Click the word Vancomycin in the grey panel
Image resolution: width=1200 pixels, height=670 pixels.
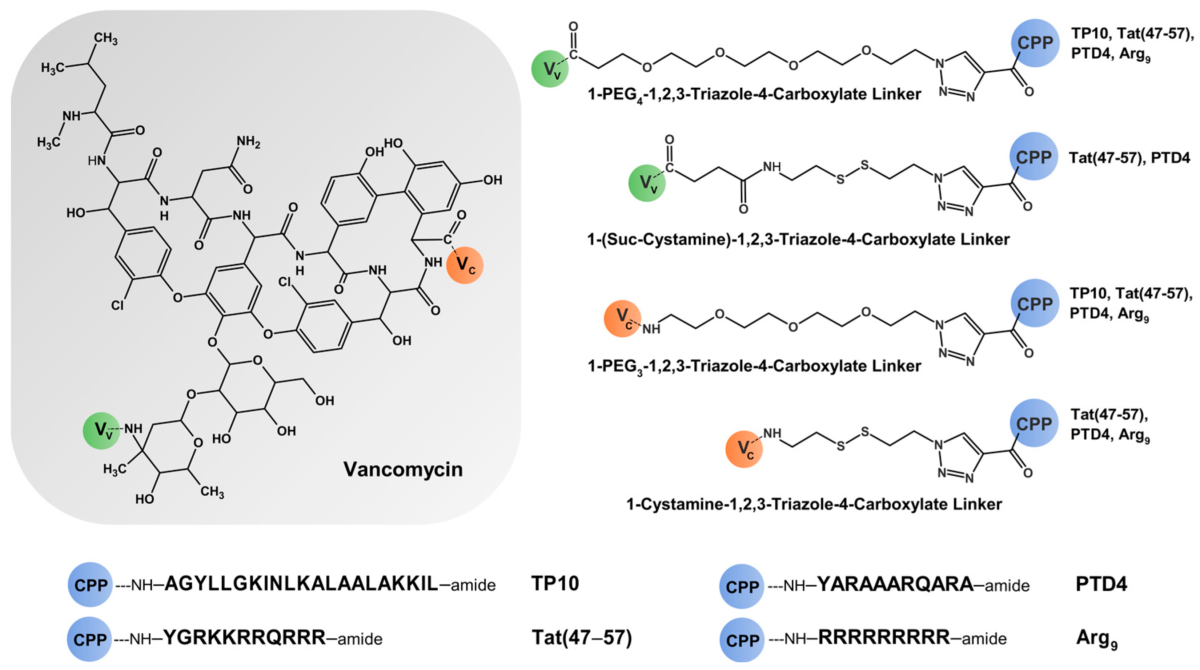point(403,469)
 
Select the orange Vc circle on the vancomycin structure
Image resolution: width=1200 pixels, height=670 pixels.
point(465,265)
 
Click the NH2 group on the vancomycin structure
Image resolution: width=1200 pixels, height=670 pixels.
point(248,142)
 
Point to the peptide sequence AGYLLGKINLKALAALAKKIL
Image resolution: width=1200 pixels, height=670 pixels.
point(301,584)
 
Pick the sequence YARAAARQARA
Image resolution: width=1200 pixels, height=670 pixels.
point(895,584)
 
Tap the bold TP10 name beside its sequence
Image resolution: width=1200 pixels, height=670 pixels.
point(555,584)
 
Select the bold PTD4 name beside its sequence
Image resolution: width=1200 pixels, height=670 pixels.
point(1101,584)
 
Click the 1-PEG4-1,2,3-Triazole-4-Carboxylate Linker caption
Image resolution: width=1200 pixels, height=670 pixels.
point(754,95)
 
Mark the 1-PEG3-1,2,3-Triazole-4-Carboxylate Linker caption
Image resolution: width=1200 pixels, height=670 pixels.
point(754,366)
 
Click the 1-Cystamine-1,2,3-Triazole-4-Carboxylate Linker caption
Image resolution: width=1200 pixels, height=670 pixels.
point(814,504)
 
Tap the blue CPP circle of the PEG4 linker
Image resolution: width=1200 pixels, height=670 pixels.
point(1035,43)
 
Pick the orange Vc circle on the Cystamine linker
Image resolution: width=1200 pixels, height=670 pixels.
point(744,449)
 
